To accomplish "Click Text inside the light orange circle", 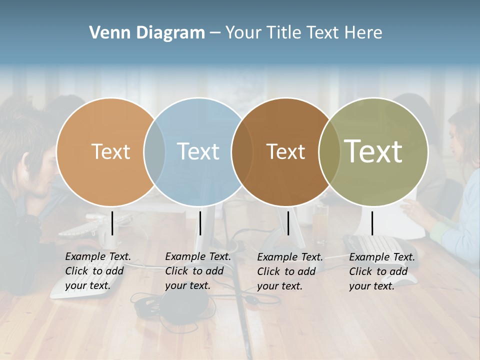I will (x=110, y=151).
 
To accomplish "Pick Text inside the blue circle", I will (x=198, y=151).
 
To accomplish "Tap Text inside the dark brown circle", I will (x=285, y=151).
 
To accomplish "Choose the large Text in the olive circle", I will (x=373, y=151).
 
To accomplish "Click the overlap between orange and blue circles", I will (x=154, y=151).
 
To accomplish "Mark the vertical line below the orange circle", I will (x=112, y=223).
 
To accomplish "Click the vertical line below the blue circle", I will (x=200, y=223).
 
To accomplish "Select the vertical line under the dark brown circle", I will (x=288, y=223).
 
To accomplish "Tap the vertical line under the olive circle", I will (x=372, y=223).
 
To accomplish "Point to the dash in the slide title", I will (x=215, y=33).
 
